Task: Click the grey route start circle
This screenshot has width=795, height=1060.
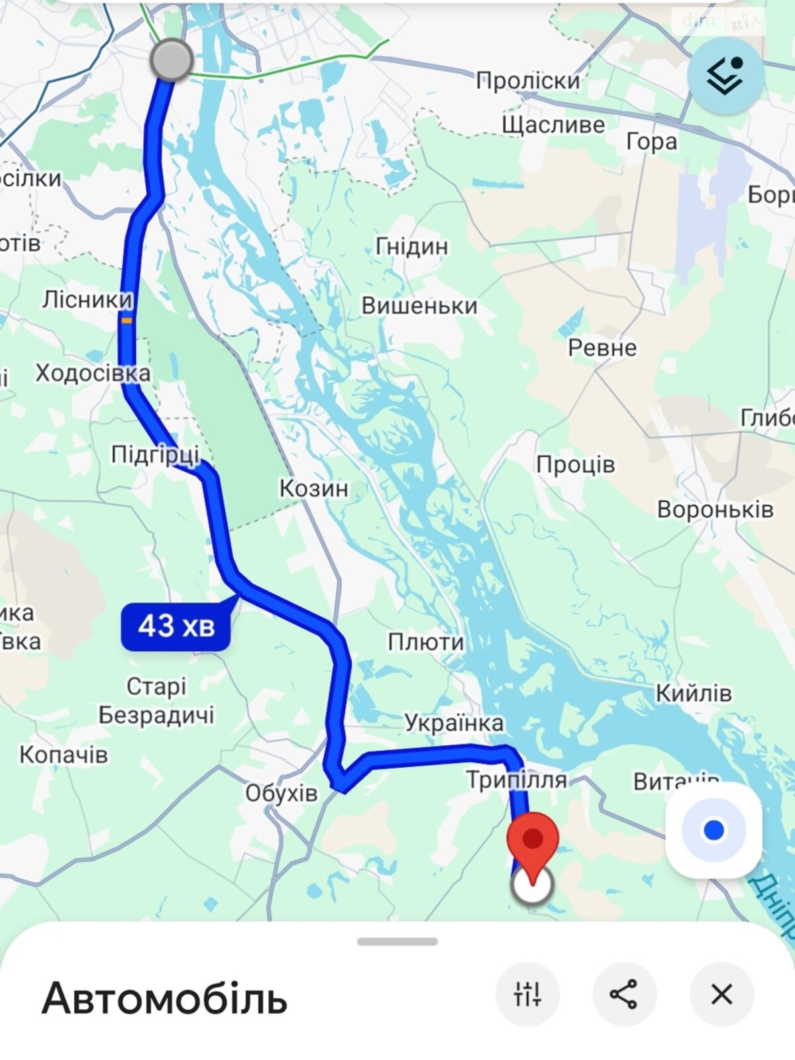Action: (x=172, y=60)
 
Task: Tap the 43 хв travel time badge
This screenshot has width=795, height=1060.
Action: (x=176, y=626)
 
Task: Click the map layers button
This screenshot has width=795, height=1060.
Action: (x=725, y=76)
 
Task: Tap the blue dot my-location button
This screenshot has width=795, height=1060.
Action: (x=714, y=830)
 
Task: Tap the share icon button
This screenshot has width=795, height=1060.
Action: (x=623, y=994)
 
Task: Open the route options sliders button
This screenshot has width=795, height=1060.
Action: (x=527, y=994)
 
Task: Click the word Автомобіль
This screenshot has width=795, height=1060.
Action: (x=164, y=998)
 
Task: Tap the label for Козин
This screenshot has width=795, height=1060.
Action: (x=313, y=488)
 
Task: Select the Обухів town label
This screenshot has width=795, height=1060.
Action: (x=281, y=793)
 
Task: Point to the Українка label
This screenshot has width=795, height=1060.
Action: (x=454, y=723)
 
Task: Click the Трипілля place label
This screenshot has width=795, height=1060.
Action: (x=516, y=780)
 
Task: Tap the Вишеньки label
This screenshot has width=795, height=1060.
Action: (x=419, y=305)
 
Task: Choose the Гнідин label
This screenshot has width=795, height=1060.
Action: (x=411, y=246)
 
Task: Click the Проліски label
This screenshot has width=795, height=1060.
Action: (x=528, y=81)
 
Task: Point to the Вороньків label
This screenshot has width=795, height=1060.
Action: (x=715, y=509)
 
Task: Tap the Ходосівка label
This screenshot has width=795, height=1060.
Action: (x=93, y=373)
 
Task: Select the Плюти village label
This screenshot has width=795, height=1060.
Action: (x=425, y=641)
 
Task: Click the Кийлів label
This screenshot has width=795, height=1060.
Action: (x=694, y=693)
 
